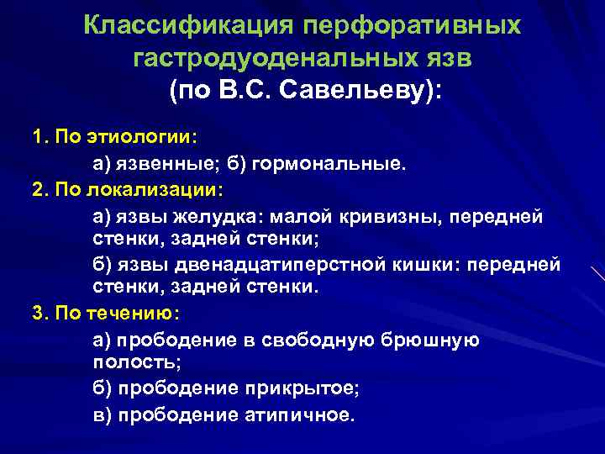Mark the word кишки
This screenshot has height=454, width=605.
pos(423,265)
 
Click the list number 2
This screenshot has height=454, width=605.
pos(38,188)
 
